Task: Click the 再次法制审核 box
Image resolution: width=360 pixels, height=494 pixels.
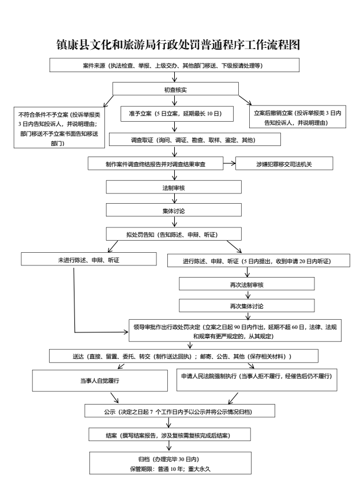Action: point(246,285)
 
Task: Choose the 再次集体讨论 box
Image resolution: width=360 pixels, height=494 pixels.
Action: point(246,304)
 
